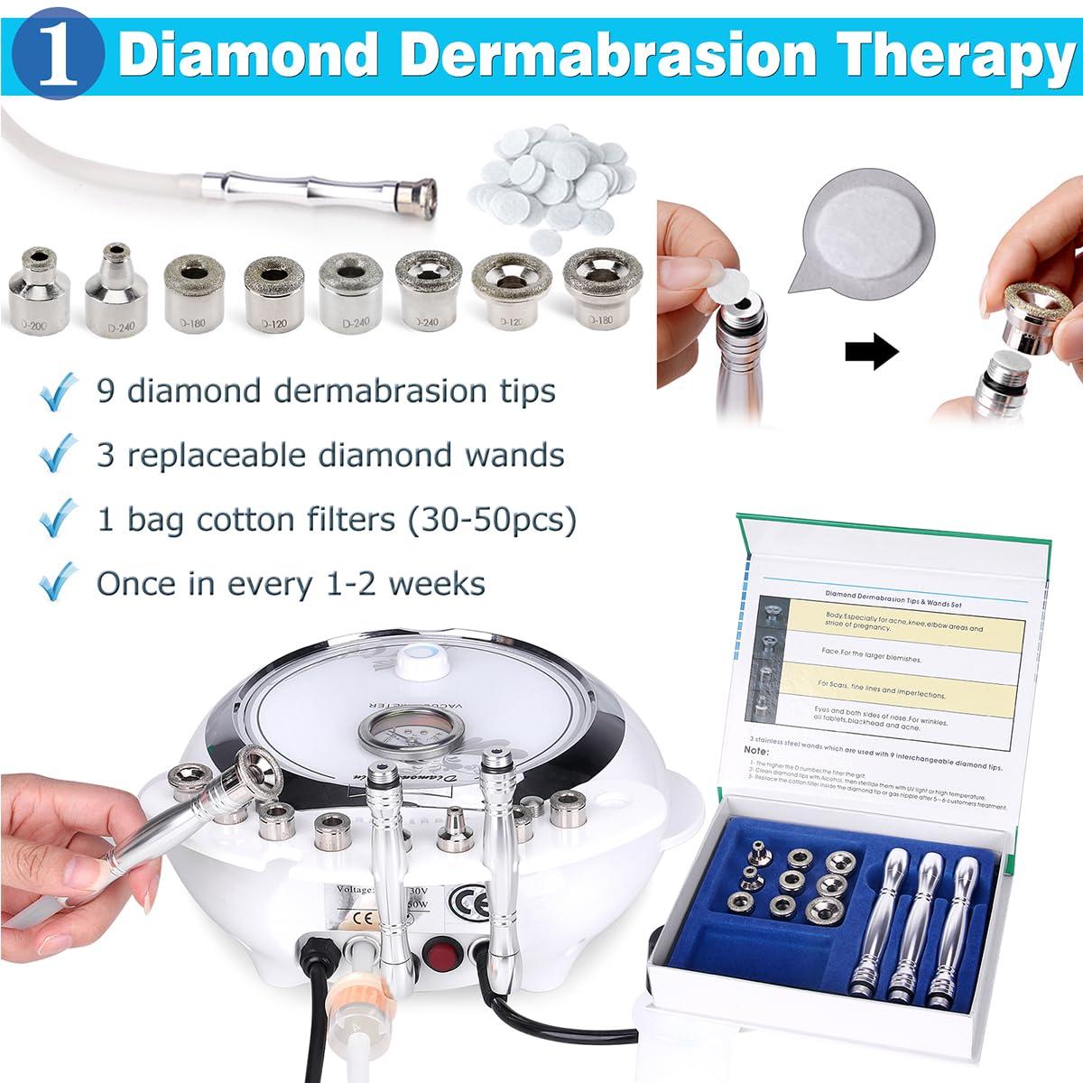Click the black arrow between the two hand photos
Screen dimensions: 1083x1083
[x=871, y=352]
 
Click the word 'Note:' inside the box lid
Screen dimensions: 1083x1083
[x=756, y=750]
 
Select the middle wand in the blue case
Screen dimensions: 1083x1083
[x=923, y=921]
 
